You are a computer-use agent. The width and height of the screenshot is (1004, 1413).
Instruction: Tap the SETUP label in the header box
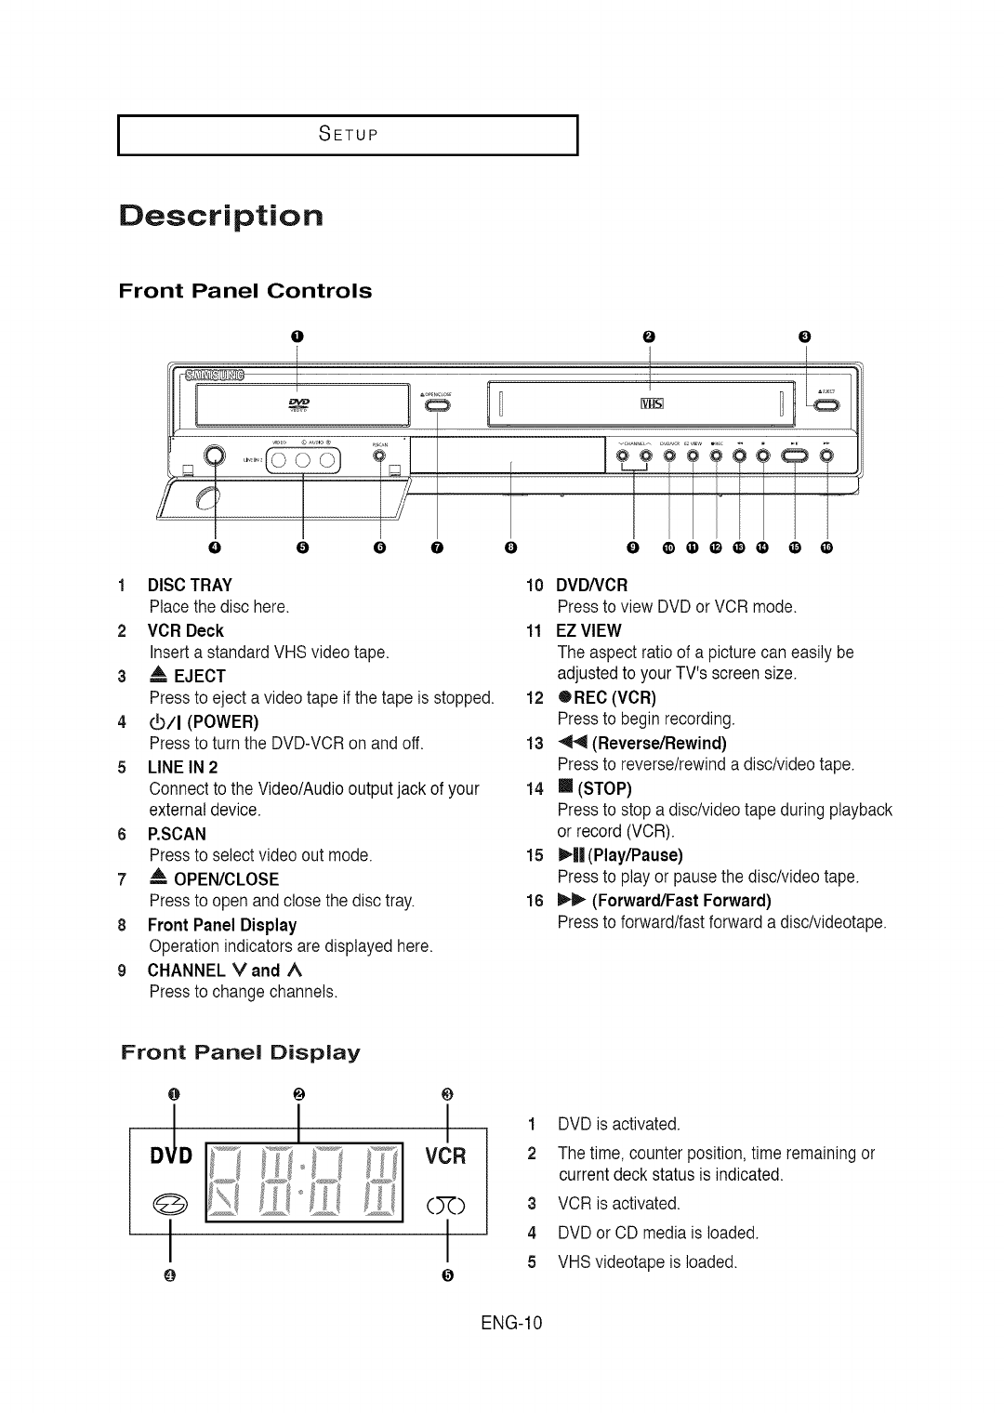point(348,134)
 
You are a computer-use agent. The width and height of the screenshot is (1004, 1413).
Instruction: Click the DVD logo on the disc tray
point(299,403)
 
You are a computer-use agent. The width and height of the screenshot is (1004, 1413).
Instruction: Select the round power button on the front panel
point(215,456)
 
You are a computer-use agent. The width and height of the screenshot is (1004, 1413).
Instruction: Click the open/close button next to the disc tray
point(436,405)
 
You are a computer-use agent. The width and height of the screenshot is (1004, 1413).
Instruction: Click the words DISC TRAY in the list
point(190,585)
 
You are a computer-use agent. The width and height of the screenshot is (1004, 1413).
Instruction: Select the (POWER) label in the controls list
point(224,721)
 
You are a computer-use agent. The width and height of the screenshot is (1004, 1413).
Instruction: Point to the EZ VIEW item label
point(588,629)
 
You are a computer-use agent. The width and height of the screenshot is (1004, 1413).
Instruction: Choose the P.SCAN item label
point(177,834)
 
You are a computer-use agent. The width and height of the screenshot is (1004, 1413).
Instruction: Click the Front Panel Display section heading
point(240,1053)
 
